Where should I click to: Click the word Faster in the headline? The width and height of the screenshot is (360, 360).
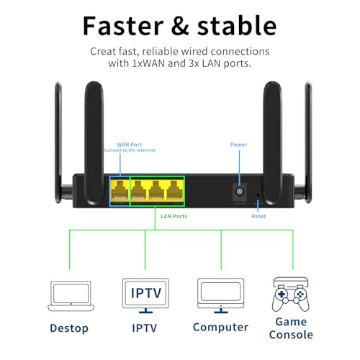tap(123, 26)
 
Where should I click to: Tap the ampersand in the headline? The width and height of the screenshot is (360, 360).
tap(180, 26)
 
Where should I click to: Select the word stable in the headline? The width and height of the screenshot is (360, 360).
tap(237, 25)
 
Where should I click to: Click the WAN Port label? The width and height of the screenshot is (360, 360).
tap(130, 145)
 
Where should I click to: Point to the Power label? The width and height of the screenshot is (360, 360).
tap(238, 145)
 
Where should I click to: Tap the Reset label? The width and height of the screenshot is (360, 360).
tap(258, 216)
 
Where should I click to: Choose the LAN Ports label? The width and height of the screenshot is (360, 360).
tap(174, 216)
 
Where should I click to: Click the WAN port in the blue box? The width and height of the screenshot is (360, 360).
tap(120, 191)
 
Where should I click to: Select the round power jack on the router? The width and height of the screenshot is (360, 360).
tap(240, 192)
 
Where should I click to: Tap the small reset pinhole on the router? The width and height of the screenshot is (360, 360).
tap(258, 195)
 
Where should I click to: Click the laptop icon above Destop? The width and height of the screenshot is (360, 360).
tap(71, 296)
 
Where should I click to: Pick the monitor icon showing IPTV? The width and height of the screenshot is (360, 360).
tap(145, 296)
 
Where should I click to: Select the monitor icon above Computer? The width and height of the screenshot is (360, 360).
tap(221, 296)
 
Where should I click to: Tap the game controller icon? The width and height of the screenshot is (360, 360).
tap(291, 294)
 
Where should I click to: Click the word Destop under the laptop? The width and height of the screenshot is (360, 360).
tap(69, 328)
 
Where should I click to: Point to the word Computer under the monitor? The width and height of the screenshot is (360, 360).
tap(220, 328)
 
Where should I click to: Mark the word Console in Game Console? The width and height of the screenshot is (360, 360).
tap(291, 335)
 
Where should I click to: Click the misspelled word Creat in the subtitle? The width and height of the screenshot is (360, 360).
tap(103, 51)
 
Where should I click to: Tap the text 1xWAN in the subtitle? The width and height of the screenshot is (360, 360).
tap(149, 63)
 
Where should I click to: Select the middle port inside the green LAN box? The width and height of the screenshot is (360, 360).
tap(156, 191)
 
